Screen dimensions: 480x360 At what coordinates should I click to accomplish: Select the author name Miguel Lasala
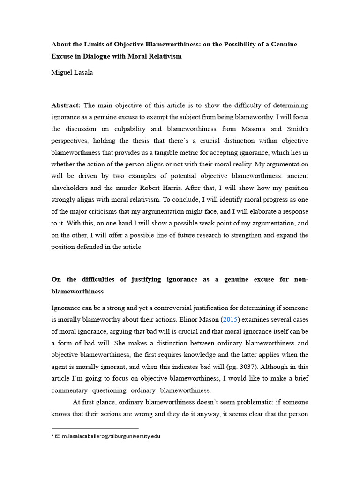coord(72,72)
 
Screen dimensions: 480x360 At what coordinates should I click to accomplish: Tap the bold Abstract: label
coord(66,105)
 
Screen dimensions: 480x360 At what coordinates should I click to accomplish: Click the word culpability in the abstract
coord(136,129)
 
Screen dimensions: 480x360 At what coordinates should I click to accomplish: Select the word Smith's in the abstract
coord(296,129)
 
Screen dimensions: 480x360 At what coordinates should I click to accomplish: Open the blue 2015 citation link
coord(230,319)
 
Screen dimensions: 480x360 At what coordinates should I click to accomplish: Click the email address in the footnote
coord(111,436)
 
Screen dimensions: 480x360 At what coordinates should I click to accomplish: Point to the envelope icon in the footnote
coord(58,436)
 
